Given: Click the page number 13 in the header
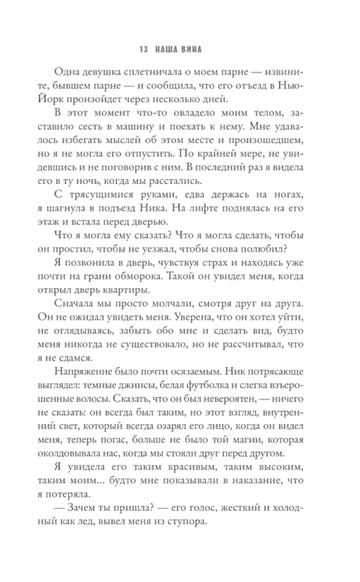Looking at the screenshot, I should click(143, 49).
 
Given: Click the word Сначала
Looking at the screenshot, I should click(72, 304).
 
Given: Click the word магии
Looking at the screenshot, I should click(248, 440).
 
